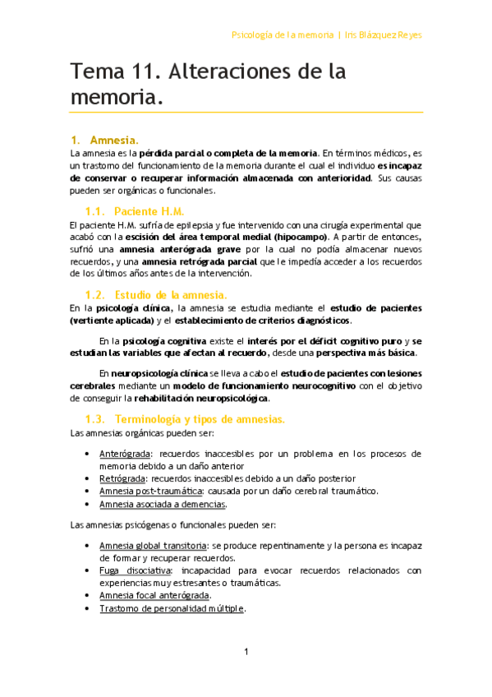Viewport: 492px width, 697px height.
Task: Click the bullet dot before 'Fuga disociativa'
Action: click(x=88, y=570)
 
